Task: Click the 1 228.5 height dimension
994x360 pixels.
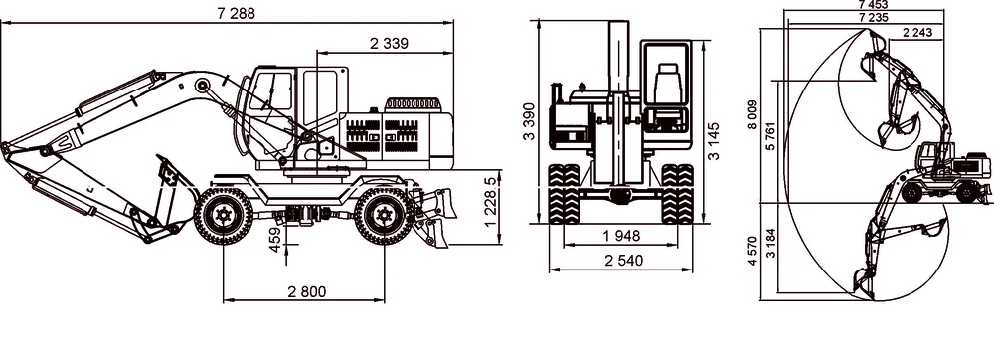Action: [x=490, y=202]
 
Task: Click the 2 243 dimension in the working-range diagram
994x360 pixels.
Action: [x=918, y=33]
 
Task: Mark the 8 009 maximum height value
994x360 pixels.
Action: [x=755, y=115]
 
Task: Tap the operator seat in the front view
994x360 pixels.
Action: [x=665, y=81]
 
